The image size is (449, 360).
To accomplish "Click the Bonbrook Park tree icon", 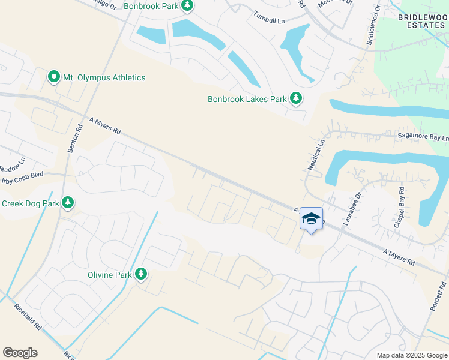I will (187, 5).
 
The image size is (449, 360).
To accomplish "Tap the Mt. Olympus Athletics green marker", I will (53, 77).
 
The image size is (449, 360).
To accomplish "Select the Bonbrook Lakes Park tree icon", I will (295, 98).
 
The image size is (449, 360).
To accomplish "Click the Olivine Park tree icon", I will (141, 274).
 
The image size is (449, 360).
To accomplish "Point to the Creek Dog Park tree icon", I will (68, 203).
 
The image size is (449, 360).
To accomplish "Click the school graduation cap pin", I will (311, 220).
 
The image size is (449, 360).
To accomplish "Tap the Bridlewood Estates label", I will (422, 22).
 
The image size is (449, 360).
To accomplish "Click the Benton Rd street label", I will (74, 137).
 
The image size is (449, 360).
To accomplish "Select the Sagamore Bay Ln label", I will (423, 137).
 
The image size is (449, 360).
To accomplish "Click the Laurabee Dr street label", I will (351, 208).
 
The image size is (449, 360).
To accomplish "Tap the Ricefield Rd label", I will (28, 317).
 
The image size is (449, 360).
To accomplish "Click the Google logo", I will (20, 353).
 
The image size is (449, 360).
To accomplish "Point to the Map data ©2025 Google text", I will (411, 355).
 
